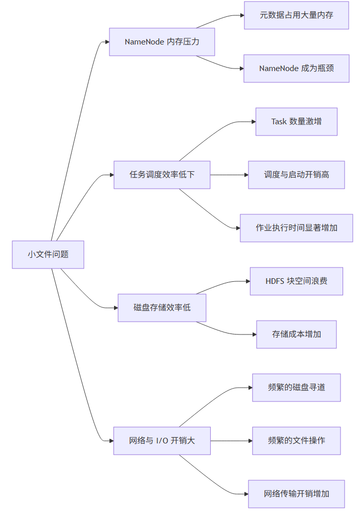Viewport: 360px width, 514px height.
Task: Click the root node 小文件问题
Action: tap(48, 254)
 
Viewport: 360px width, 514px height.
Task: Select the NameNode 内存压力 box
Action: tap(162, 42)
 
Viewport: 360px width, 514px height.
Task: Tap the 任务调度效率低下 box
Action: tap(162, 175)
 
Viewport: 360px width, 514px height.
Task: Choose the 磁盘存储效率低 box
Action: tap(162, 308)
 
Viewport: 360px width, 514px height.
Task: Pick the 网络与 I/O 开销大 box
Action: tap(162, 441)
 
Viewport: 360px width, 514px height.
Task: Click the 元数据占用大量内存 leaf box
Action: tap(296, 15)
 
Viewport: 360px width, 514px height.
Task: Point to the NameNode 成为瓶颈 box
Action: tap(296, 69)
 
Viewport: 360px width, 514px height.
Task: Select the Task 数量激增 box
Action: tap(296, 122)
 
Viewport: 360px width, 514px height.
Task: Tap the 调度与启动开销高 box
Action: tap(296, 175)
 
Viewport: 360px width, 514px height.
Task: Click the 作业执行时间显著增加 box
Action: tap(296, 228)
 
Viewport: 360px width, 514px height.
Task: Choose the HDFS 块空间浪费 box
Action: tap(296, 281)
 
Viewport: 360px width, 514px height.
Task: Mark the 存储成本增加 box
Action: tap(296, 334)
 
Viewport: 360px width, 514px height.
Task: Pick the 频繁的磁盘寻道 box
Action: tap(296, 388)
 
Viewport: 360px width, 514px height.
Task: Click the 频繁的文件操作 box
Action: tap(296, 441)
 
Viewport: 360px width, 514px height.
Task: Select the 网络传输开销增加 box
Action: tap(296, 494)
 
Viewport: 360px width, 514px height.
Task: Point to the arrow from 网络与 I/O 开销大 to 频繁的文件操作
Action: tap(231, 441)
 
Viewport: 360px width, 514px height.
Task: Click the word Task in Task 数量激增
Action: tap(279, 122)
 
